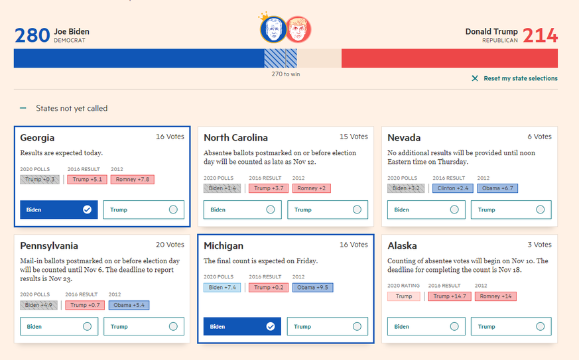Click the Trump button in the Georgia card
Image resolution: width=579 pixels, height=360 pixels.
143,210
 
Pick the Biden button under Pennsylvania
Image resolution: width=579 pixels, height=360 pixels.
59,326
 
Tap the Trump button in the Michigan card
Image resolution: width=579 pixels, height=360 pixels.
328,326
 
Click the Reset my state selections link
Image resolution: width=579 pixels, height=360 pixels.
520,78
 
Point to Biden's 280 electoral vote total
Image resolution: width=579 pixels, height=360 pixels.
32,35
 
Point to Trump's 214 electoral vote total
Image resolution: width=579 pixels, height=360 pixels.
540,35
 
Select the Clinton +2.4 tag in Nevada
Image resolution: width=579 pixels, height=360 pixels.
453,188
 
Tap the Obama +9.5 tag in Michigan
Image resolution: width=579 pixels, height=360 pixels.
312,288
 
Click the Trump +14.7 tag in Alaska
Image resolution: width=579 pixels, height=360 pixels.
450,296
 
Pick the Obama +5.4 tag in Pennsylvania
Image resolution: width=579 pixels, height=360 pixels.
129,305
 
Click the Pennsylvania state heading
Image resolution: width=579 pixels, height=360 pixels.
49,246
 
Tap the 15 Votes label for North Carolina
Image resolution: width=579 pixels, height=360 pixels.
354,137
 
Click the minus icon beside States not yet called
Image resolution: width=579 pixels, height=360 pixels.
23,108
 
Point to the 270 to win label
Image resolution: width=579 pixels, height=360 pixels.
286,74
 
